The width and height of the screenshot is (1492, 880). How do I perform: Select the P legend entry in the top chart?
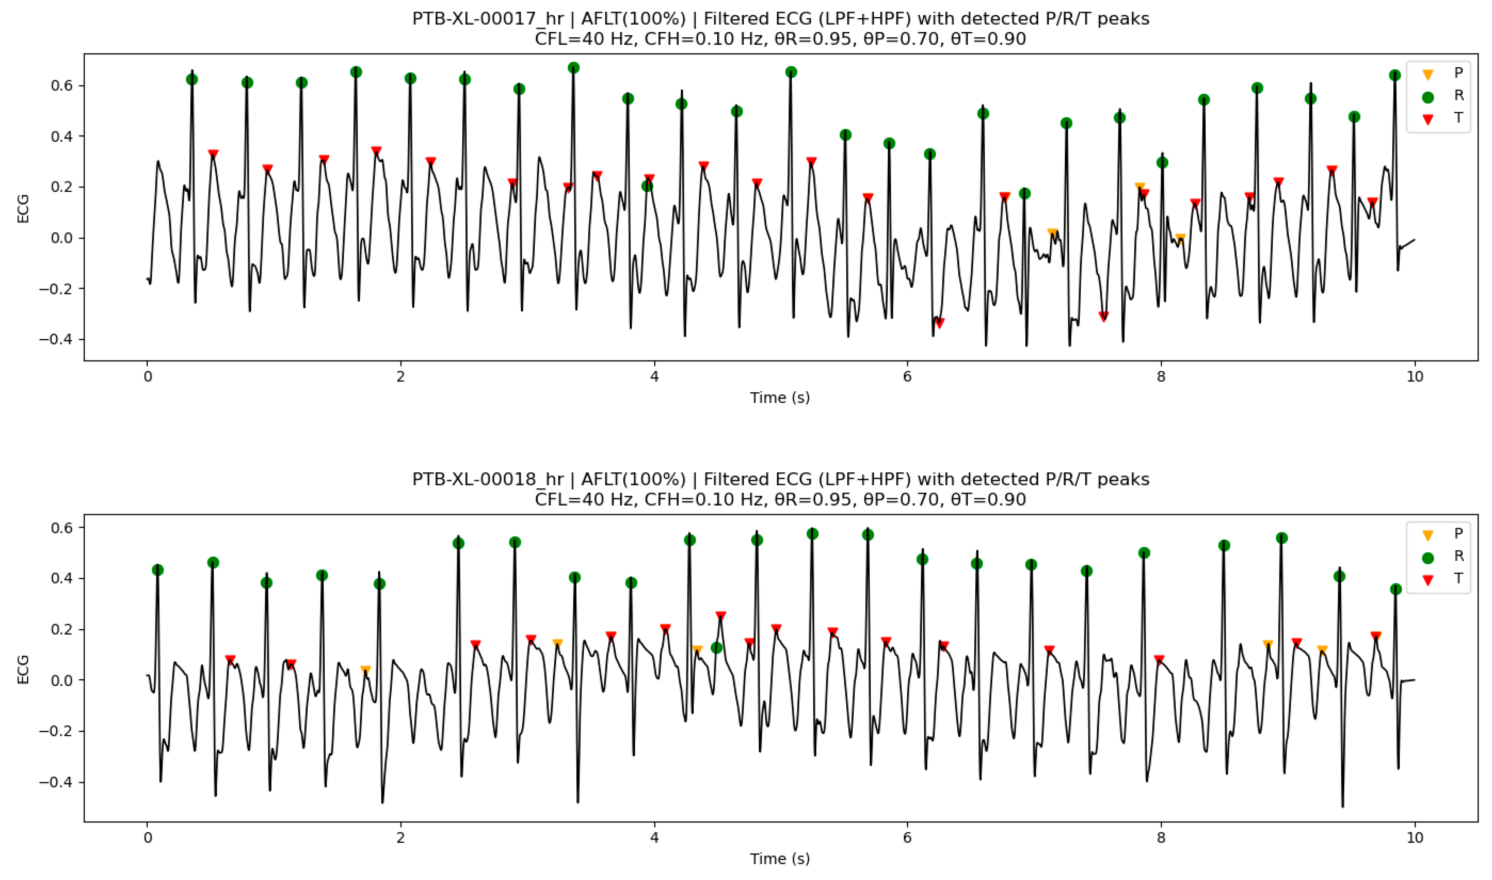point(1458,73)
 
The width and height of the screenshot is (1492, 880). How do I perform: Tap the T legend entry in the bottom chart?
point(1458,579)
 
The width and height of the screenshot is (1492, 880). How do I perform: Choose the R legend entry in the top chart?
point(1458,95)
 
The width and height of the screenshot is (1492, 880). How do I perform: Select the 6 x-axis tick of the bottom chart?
point(907,837)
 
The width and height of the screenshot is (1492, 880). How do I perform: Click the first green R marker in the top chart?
point(192,79)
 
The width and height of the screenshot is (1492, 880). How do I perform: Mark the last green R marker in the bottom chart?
point(1395,589)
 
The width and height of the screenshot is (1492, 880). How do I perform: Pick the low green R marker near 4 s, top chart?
point(647,186)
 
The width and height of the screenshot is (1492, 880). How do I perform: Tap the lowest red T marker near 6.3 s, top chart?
point(939,323)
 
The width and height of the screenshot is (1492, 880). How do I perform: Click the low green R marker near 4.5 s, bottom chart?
point(716,648)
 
